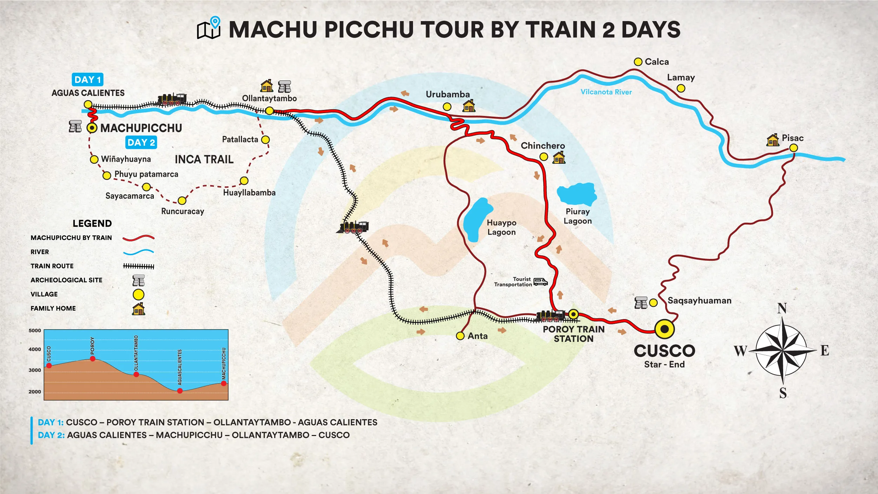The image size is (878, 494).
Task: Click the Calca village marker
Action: [x=638, y=62]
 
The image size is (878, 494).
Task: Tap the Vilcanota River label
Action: [x=606, y=92]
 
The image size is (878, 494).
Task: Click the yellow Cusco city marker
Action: [x=664, y=329]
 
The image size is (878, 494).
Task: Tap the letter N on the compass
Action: [x=782, y=308]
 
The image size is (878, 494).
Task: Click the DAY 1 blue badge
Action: [x=88, y=80]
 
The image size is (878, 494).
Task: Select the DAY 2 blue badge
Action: [x=141, y=143]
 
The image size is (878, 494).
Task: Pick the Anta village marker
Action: [x=460, y=336]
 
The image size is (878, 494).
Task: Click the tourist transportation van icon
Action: [x=540, y=282]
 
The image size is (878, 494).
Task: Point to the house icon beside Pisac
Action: [x=773, y=140]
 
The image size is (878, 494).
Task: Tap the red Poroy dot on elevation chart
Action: [x=93, y=359]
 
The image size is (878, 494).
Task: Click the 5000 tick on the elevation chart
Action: [x=35, y=331]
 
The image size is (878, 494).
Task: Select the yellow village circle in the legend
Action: [x=138, y=294]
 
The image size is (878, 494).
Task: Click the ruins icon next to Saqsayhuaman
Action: [x=641, y=303]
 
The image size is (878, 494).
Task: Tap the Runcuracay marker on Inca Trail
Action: [x=182, y=201]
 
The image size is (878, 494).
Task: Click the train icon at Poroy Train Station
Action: [x=550, y=316]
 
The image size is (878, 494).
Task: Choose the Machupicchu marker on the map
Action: [x=92, y=128]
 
